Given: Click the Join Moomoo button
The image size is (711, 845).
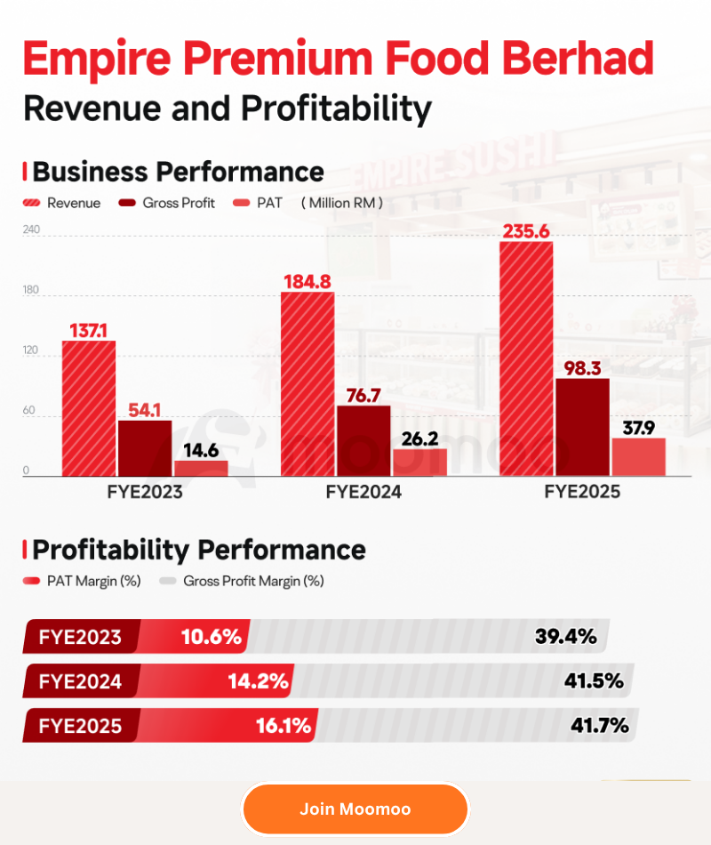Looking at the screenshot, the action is click(355, 809).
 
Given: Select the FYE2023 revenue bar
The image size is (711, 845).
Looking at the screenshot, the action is click(89, 408).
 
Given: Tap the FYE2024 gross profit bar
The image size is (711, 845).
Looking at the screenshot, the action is click(364, 441).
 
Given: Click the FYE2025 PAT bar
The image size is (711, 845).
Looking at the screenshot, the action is click(639, 457).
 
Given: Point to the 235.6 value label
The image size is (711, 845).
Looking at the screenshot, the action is click(526, 231).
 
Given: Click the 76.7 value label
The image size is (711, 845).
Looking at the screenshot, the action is click(363, 396).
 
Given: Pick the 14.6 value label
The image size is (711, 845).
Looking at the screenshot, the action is click(201, 450).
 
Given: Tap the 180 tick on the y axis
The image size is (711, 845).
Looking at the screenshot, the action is click(31, 289).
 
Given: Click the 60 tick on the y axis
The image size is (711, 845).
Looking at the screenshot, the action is click(28, 410).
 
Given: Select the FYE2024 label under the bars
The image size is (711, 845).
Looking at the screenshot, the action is click(363, 492).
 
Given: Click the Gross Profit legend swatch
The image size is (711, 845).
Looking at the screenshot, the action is click(127, 203).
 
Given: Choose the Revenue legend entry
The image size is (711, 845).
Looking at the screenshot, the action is click(61, 203).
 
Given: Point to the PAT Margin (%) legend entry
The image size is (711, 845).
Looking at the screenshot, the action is click(82, 581).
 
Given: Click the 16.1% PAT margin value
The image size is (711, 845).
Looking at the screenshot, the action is click(284, 725).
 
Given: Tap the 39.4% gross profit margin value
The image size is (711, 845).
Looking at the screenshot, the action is click(565, 637).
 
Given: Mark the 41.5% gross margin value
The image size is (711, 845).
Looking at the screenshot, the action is click(594, 680).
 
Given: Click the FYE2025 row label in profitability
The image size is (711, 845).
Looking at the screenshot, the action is click(80, 726).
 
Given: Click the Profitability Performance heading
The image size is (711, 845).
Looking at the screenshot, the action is click(199, 550).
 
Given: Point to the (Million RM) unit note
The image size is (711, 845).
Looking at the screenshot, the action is click(342, 203).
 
